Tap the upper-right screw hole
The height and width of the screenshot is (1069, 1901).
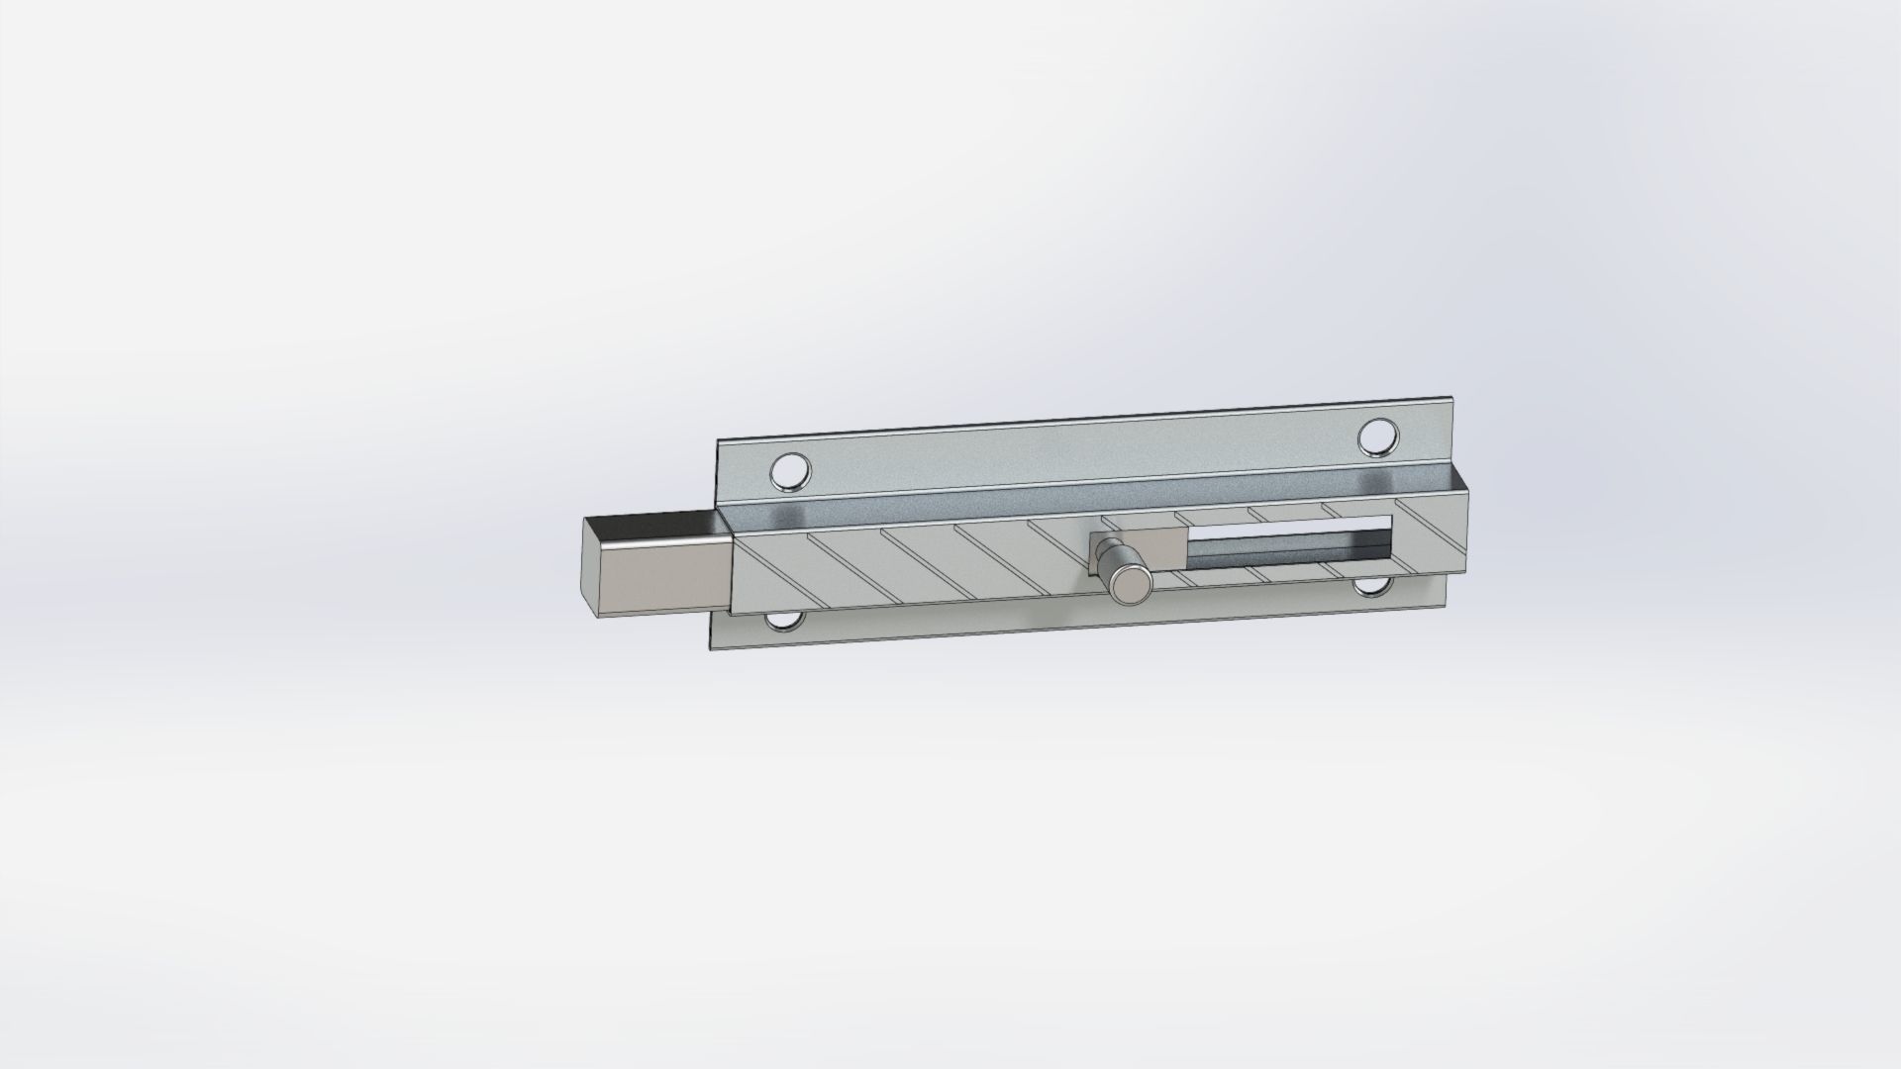[x=1377, y=437]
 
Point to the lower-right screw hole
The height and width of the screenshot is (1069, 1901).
[x=1371, y=588]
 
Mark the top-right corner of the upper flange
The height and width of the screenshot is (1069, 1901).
[x=1459, y=399]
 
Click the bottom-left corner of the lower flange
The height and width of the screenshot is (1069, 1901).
[x=711, y=648]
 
